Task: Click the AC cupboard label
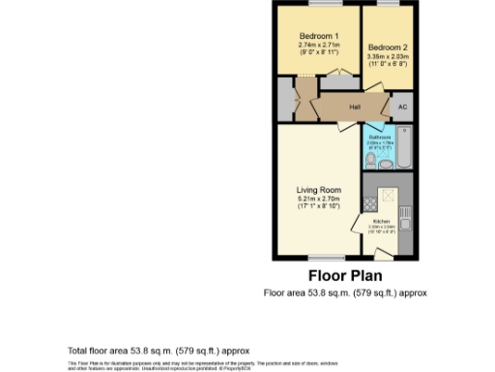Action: (x=404, y=108)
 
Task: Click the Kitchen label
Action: (x=381, y=220)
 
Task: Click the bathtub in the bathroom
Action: (x=405, y=151)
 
